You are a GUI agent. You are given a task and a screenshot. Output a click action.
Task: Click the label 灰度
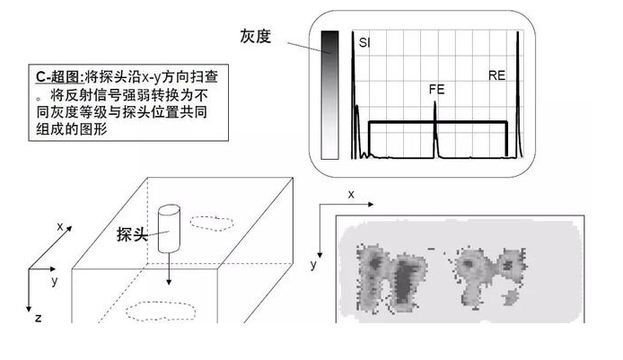(255, 35)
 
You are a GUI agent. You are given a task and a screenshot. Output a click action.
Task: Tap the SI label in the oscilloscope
(364, 42)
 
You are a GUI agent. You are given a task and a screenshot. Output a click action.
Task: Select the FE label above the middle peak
(436, 90)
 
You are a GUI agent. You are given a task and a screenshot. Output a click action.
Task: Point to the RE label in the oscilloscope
(496, 76)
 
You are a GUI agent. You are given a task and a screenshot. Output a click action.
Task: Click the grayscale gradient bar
(329, 94)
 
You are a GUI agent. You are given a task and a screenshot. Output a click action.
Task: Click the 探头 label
(132, 234)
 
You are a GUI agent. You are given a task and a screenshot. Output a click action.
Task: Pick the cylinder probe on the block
(170, 230)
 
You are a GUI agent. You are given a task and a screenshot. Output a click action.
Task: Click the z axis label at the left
(37, 317)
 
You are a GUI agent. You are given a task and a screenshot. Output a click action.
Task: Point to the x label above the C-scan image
(351, 194)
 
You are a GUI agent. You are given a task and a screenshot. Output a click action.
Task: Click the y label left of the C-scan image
(313, 264)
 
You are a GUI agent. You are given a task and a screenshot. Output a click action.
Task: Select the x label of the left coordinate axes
(60, 226)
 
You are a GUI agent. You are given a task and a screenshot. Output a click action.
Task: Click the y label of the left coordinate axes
(55, 281)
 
